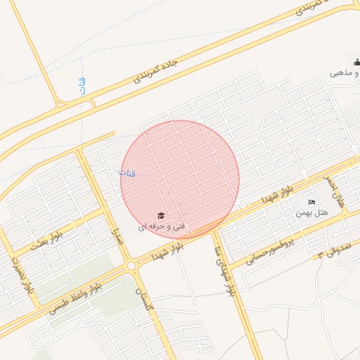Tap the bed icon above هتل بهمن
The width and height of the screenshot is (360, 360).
(x=312, y=202)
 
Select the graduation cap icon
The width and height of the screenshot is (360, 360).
(x=161, y=215)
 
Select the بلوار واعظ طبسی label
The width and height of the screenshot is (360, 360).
(x=77, y=299)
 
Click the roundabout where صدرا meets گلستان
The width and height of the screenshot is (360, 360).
(x=132, y=266)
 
